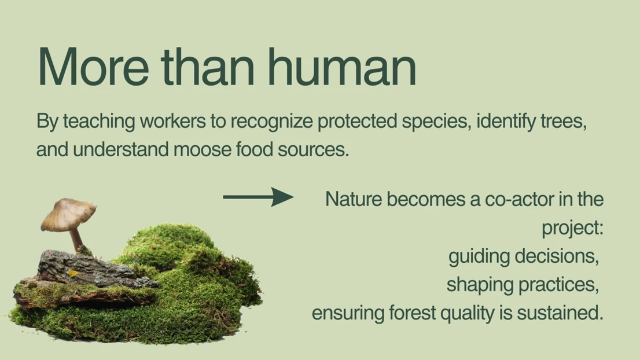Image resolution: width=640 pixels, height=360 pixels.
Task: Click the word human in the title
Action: (343, 66)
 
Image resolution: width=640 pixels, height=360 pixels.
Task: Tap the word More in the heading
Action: (94, 66)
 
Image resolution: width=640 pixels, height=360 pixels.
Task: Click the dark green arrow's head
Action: (282, 197)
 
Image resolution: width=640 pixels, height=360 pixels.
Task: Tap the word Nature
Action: (354, 199)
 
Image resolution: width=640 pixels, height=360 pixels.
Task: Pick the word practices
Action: (558, 285)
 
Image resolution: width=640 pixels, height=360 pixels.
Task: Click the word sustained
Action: (560, 314)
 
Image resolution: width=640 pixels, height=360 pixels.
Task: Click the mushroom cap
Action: (68, 214)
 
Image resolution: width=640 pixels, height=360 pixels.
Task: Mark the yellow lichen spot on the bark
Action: (73, 273)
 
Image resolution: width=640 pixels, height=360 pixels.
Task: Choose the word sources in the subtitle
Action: (313, 149)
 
